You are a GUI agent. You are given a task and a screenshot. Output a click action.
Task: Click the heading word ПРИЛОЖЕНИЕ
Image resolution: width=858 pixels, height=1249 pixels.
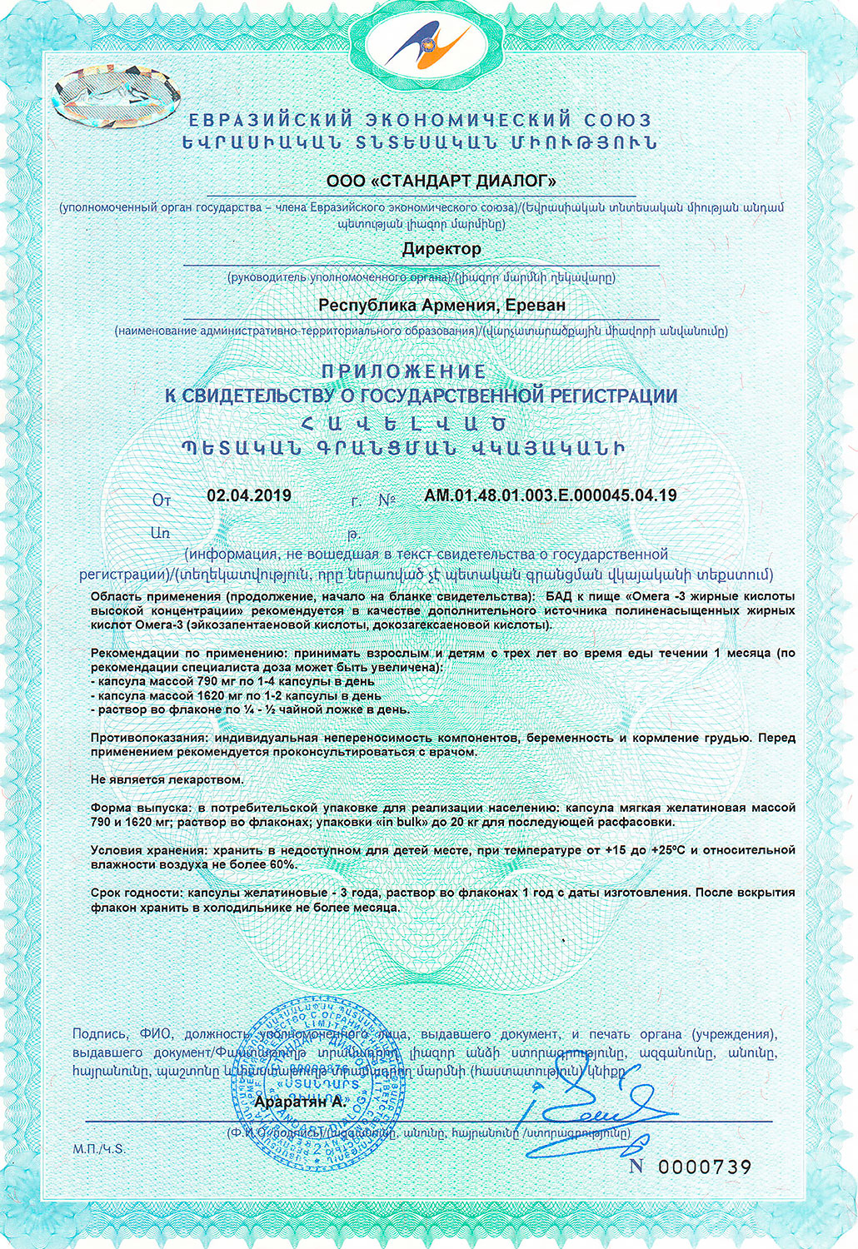[x=403, y=371]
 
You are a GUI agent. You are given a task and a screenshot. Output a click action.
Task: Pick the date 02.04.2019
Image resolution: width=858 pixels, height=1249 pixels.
[x=249, y=495]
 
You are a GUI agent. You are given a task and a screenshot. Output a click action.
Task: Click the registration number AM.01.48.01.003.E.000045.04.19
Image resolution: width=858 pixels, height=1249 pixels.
[x=550, y=495]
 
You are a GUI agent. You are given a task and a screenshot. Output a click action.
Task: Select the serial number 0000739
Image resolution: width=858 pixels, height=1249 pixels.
[x=705, y=1167]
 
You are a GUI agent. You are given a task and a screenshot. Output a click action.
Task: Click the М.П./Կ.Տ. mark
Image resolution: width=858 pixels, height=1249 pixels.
[x=98, y=1149]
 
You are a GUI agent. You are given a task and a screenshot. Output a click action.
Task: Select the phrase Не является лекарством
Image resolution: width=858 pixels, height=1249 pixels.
[x=167, y=780]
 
